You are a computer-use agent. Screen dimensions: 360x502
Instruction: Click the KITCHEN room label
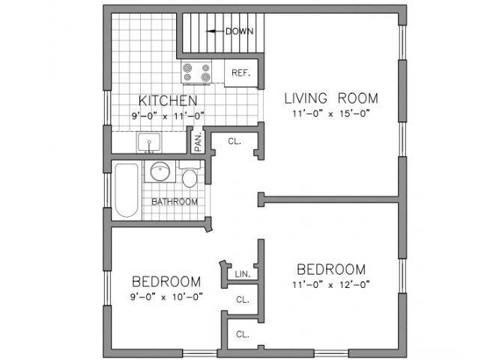coord(167,100)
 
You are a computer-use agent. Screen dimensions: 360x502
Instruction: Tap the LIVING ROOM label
coord(330,97)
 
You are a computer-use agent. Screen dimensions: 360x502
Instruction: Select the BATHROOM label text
coord(175,202)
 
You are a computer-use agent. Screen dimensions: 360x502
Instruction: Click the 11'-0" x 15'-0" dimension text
coord(330,113)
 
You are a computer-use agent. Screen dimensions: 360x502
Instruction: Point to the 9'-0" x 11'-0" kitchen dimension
coord(167,115)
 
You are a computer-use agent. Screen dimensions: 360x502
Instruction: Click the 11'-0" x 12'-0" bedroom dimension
coord(330,284)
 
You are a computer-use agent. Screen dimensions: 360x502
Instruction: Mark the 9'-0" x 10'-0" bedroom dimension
coord(166,296)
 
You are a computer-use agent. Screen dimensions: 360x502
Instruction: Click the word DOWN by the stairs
coord(240,31)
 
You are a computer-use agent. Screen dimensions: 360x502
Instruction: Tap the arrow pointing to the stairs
coord(214,31)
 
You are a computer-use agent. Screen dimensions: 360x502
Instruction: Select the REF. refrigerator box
coord(240,73)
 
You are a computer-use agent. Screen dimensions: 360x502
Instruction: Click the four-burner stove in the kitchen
coord(196,72)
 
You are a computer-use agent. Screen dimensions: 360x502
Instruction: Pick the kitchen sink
coord(148,142)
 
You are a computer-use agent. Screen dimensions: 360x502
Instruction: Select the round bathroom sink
coord(159,172)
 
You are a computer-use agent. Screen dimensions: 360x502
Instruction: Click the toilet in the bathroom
coord(189,177)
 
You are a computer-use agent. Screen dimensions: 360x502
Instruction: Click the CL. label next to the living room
coord(235,139)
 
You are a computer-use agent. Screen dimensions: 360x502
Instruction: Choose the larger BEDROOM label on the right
coord(330,269)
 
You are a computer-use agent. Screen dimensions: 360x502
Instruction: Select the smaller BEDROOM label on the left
coord(166,281)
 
